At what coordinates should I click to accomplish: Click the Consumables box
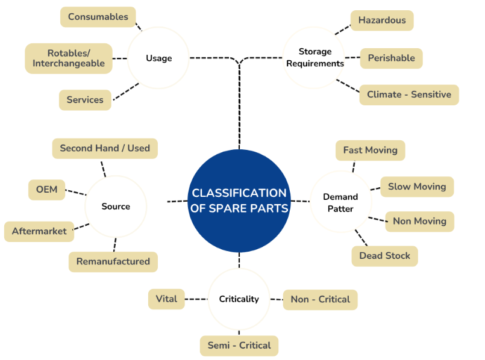pos(98,17)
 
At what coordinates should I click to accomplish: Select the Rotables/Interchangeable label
pos(69,58)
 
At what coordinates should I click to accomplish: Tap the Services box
pos(85,100)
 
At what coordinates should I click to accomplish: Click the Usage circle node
pos(158,58)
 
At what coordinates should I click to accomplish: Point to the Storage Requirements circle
pos(314,57)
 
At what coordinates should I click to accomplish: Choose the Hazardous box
pos(382,20)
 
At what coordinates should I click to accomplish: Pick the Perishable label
pos(391,58)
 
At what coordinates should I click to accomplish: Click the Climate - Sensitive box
pos(409,95)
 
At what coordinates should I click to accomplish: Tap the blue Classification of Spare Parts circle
pos(239,201)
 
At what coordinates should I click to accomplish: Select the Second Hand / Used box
pos(105,148)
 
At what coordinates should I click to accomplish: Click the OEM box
pos(47,190)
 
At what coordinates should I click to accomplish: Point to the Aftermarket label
pos(39,231)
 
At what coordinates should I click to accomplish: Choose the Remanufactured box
pos(113,262)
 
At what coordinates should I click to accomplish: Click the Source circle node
pos(116,206)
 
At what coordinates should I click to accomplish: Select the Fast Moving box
pos(371,151)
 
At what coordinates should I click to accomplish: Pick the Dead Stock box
pos(385,256)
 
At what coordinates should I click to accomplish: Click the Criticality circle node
pos(239,299)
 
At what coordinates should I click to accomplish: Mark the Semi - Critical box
pos(239,346)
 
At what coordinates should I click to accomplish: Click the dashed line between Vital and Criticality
pos(196,299)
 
